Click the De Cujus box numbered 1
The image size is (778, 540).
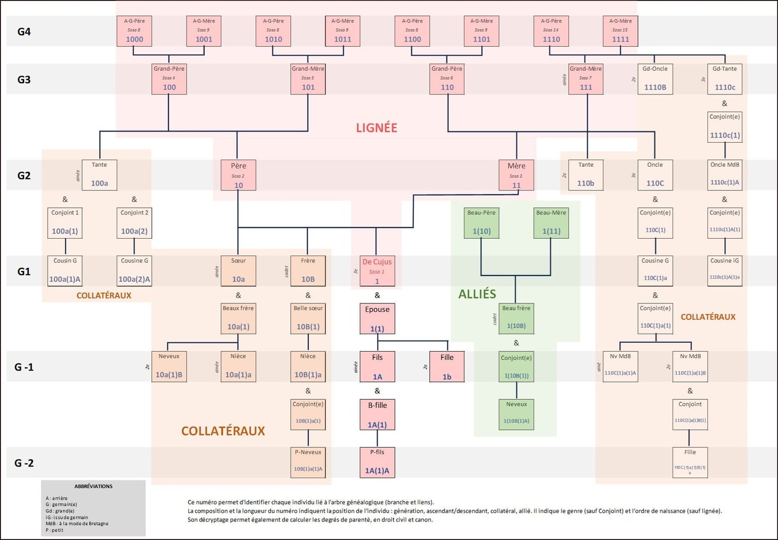(x=377, y=271)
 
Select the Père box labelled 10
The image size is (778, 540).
(x=238, y=175)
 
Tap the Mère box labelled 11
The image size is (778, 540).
(x=516, y=175)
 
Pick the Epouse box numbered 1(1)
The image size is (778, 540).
(x=377, y=319)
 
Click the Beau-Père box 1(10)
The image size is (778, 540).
(x=481, y=223)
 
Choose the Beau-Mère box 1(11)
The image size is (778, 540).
(x=551, y=223)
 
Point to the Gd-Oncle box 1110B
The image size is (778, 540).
(x=655, y=79)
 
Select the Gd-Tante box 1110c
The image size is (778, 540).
(x=725, y=79)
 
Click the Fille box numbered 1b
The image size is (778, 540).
(x=447, y=367)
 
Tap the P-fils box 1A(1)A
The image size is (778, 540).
(x=377, y=463)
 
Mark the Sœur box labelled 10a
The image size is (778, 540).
(x=238, y=271)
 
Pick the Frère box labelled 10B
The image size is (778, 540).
(x=308, y=271)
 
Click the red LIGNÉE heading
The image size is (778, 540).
(x=376, y=128)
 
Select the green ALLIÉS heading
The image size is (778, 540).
(x=477, y=294)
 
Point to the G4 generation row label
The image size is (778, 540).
(x=24, y=32)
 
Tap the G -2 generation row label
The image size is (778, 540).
(x=24, y=463)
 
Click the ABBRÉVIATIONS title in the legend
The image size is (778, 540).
(x=93, y=486)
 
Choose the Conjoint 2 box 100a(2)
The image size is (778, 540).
(x=134, y=223)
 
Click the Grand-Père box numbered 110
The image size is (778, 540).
(x=447, y=79)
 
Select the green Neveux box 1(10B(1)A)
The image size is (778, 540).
(x=516, y=415)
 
